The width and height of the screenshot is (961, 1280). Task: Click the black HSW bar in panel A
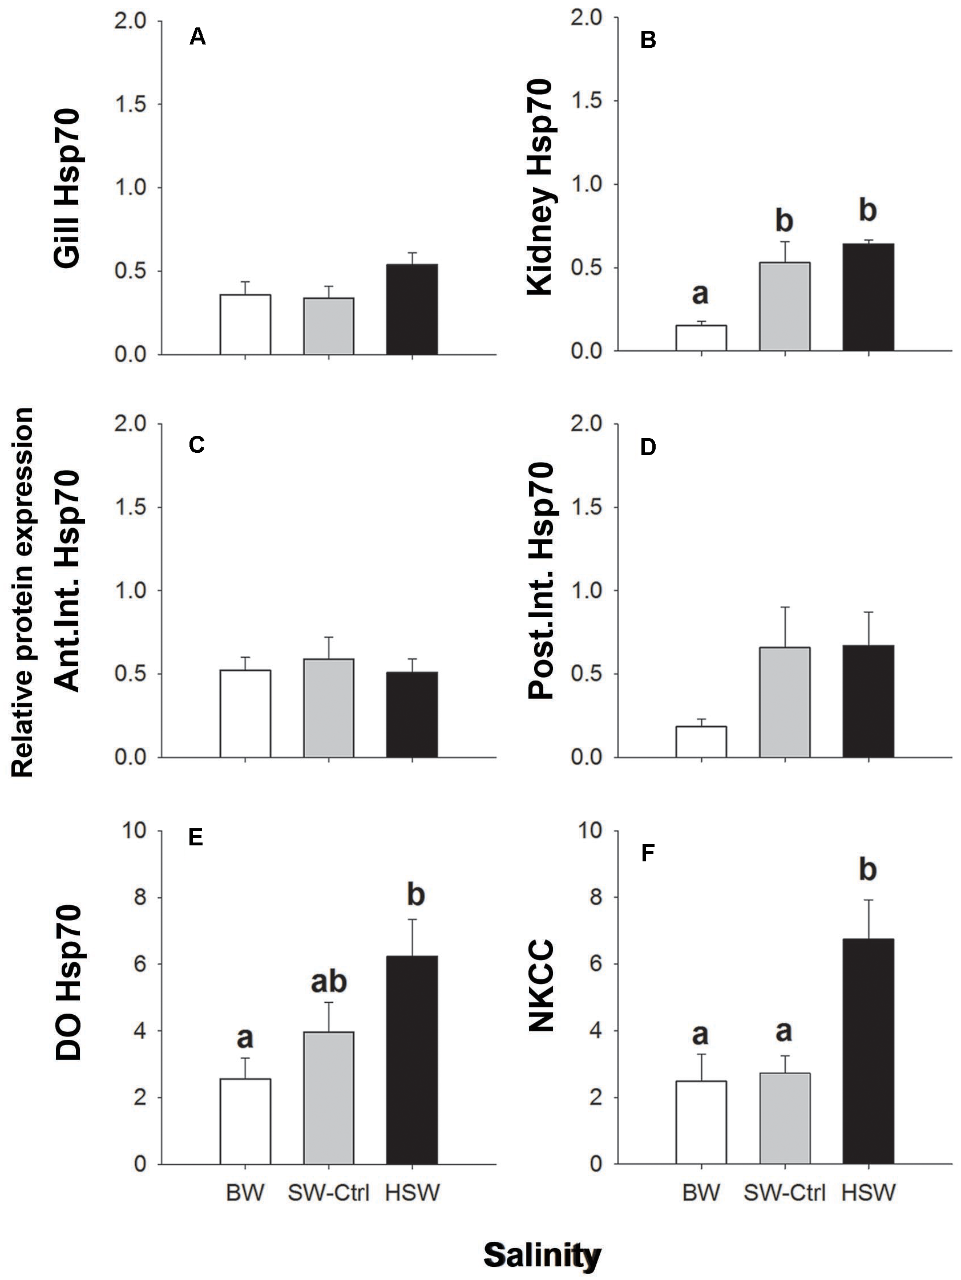(x=411, y=309)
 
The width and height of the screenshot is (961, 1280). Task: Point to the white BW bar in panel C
(x=245, y=714)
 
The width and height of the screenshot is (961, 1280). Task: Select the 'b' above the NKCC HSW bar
(x=867, y=869)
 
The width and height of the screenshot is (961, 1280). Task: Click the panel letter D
(x=648, y=447)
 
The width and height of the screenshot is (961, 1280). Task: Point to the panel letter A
(x=197, y=37)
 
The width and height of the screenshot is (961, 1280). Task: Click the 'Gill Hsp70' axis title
(x=67, y=188)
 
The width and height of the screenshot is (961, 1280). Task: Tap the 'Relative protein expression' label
(x=23, y=592)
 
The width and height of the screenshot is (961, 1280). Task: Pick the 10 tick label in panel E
(x=134, y=831)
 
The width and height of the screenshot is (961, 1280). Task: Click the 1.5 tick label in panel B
(x=587, y=102)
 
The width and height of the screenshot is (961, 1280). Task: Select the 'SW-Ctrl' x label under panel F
(x=784, y=1193)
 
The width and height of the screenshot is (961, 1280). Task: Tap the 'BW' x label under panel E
(x=245, y=1193)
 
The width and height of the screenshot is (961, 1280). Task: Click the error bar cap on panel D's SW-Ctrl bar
(x=785, y=607)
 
